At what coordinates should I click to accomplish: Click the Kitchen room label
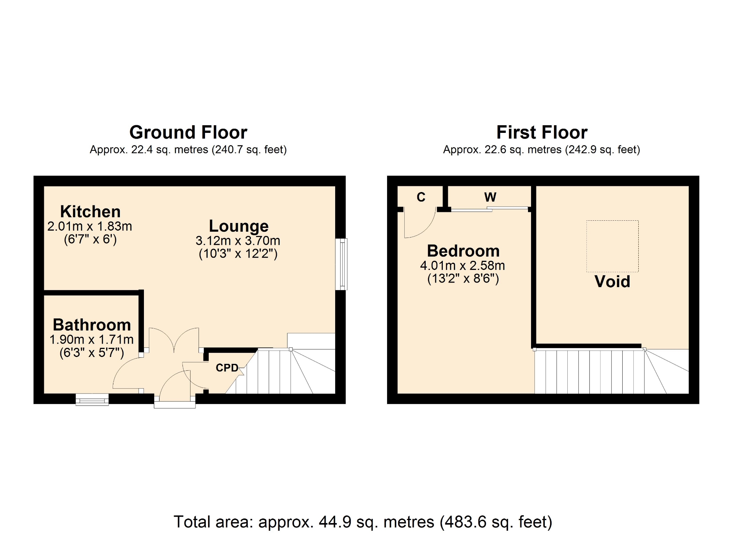coord(90,212)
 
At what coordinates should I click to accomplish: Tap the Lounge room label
coord(239,226)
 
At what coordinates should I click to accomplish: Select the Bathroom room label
coord(92,325)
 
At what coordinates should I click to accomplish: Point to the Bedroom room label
coord(463,251)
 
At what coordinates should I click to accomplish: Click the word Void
coord(612,281)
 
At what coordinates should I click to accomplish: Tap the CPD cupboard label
coord(227,368)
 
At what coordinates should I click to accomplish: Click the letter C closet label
coord(421,197)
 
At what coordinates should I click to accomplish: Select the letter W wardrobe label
coord(490,197)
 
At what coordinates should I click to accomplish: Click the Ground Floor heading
coord(188,132)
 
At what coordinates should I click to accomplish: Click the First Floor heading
coord(542,132)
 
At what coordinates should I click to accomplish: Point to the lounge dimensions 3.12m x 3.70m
coord(238,241)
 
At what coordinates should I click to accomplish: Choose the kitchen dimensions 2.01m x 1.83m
coord(90,226)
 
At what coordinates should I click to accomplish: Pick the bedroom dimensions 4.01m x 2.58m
coord(462,265)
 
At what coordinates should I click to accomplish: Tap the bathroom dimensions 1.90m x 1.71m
coord(92,339)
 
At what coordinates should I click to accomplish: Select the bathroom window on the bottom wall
coord(92,399)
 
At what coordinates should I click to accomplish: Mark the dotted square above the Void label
coord(612,246)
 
